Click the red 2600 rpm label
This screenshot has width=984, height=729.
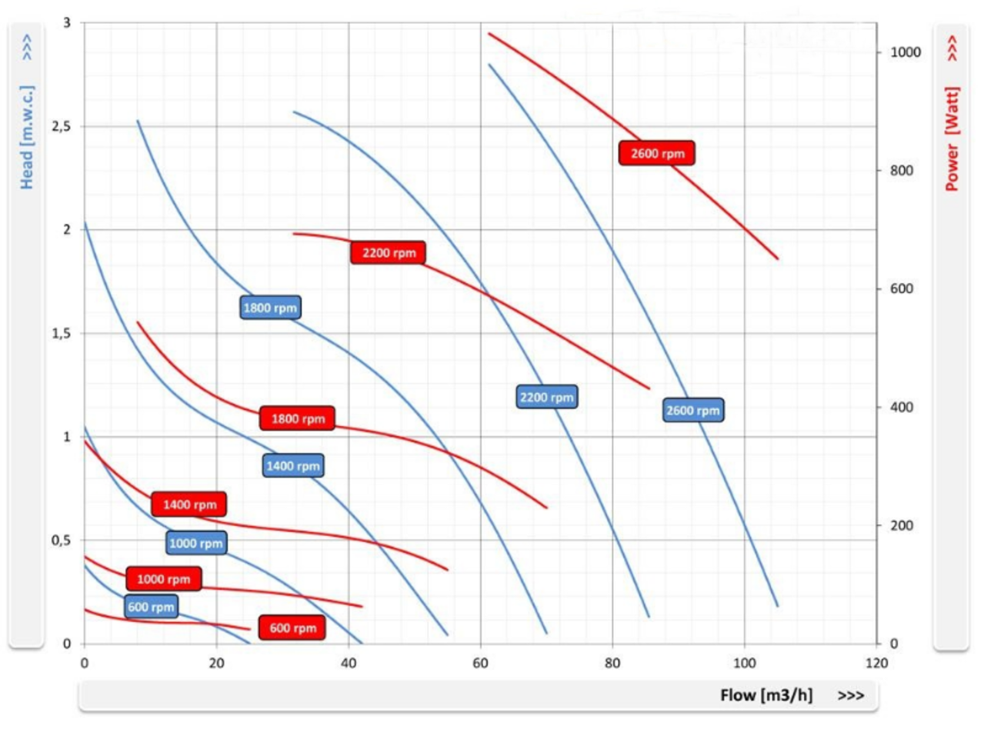(x=656, y=153)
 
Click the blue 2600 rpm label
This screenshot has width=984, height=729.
(x=693, y=411)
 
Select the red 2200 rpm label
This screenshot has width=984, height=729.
(x=388, y=252)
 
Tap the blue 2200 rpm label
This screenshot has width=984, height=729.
(x=547, y=397)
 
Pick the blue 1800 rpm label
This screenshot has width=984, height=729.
(x=270, y=308)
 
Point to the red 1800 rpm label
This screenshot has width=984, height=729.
(x=297, y=419)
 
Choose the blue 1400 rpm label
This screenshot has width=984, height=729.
(x=292, y=465)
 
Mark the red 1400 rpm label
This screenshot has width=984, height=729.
(x=188, y=504)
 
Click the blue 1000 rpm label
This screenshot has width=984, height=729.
(x=196, y=543)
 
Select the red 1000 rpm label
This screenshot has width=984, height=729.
(x=163, y=578)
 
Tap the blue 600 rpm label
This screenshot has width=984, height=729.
(x=151, y=606)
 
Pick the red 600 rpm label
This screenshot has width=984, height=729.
(x=292, y=627)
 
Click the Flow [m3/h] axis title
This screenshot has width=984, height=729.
(x=766, y=696)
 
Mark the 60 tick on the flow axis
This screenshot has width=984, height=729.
(x=480, y=662)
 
